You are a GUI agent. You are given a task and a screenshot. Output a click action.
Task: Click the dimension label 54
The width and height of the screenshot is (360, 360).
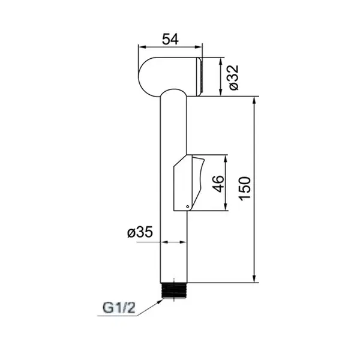pos(170,39)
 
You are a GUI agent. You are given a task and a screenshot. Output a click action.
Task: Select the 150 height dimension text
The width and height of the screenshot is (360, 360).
pos(245,189)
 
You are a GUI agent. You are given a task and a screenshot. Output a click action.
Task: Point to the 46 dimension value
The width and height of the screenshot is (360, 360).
pos(218,184)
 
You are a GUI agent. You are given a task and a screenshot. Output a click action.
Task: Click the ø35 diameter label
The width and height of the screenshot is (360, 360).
pos(140,232)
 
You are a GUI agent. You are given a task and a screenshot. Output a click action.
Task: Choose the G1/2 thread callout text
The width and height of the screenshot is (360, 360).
pos(119,308)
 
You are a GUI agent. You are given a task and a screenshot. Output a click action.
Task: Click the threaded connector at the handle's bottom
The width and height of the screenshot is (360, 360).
pos(174,290)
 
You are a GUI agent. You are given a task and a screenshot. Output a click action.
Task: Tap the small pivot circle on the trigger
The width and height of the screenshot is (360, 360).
pos(188,206)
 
